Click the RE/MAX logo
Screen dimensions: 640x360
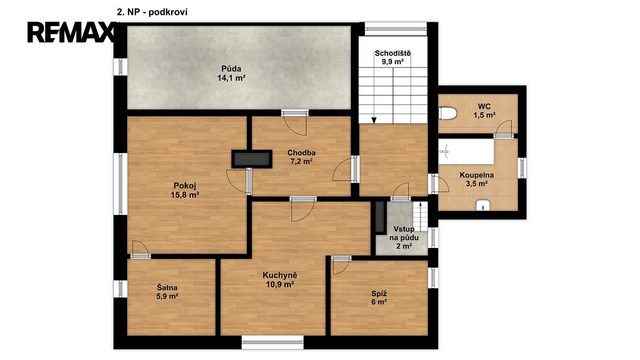pyautogui.click(x=72, y=32)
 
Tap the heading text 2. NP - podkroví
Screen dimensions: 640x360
pyautogui.click(x=152, y=12)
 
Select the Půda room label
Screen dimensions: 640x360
pyautogui.click(x=232, y=68)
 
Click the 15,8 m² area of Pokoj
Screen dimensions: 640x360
pyautogui.click(x=185, y=195)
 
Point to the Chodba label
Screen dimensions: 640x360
pyautogui.click(x=302, y=152)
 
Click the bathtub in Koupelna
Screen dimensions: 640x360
pyautogui.click(x=466, y=152)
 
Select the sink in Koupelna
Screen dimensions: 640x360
pyautogui.click(x=483, y=206)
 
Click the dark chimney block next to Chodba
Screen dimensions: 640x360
pyautogui.click(x=252, y=159)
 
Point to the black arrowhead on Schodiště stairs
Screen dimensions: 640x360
pyautogui.click(x=374, y=120)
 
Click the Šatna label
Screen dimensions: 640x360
pyautogui.click(x=167, y=288)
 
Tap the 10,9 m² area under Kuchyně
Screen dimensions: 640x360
pyautogui.click(x=280, y=284)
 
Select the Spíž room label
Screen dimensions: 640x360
pyautogui.click(x=379, y=294)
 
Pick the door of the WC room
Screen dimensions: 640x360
pyautogui.click(x=504, y=128)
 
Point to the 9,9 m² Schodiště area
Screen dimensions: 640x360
pyautogui.click(x=392, y=62)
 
